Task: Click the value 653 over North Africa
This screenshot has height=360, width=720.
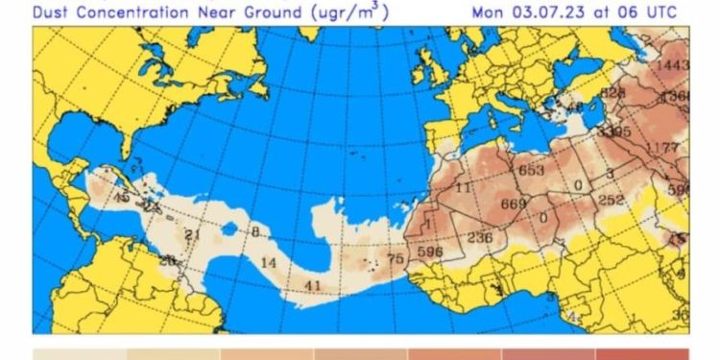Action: click(x=531, y=171)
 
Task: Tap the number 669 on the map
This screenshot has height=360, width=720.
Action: click(x=514, y=204)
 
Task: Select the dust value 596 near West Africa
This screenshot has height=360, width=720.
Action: click(x=429, y=252)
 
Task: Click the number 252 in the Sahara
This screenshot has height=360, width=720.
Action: click(x=612, y=200)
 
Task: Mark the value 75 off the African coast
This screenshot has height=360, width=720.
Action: click(x=395, y=258)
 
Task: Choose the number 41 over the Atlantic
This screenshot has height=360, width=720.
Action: click(x=312, y=285)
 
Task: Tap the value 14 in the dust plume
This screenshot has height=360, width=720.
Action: click(x=269, y=262)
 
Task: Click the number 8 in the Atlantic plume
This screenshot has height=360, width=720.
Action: click(x=255, y=231)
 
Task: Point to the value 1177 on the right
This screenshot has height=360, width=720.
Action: click(x=663, y=147)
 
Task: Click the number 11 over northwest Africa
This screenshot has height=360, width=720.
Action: click(x=463, y=188)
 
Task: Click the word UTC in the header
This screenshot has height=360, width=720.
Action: click(x=660, y=12)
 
